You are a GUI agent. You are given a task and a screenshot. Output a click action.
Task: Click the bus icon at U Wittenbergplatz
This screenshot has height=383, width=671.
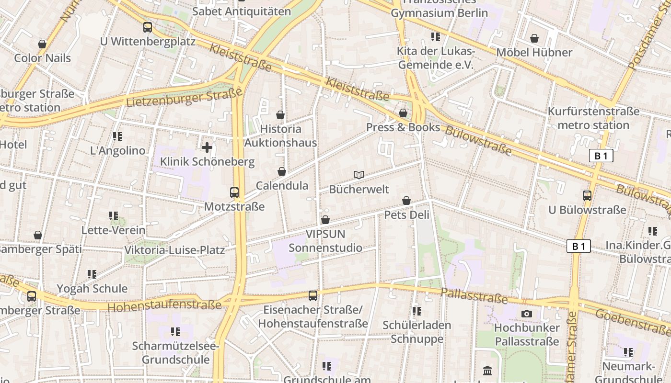[148, 27]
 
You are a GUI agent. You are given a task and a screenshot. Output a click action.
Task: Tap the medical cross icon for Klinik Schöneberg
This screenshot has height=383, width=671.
[207, 147]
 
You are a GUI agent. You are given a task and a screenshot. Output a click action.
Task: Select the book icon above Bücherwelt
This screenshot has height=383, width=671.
[359, 175]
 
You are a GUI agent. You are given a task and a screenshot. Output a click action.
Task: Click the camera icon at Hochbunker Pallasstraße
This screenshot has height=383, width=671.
[527, 314]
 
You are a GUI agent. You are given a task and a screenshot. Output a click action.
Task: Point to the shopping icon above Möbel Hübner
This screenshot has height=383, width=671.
[534, 38]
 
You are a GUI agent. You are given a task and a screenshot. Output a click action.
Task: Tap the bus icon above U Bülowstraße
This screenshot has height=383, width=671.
[587, 195]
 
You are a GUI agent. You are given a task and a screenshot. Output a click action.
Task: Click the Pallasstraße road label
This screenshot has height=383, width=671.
[474, 296]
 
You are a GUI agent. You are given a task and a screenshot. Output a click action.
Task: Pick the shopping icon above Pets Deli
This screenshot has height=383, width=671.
[406, 201]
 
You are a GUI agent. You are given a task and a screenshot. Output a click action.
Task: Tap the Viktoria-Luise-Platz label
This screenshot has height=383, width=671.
[174, 250]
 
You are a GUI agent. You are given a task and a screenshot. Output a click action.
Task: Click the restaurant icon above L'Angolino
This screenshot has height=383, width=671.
[117, 136]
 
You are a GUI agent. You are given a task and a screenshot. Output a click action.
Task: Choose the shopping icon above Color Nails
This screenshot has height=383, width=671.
[42, 44]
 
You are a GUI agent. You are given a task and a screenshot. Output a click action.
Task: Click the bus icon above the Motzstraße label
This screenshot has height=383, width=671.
[234, 192]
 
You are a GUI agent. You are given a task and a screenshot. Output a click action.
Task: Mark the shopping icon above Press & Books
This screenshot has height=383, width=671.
[403, 113]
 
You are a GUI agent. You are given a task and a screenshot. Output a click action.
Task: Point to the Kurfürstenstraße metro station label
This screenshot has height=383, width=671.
[593, 118]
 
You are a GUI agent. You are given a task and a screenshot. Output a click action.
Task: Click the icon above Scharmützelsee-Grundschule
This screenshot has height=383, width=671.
[175, 331]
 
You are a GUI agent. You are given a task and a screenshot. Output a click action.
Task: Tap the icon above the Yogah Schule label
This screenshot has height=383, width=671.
[92, 274]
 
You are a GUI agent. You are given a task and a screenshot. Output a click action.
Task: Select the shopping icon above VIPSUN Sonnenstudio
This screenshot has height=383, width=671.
[325, 220]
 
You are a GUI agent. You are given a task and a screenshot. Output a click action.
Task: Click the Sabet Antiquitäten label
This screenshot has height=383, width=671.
[241, 11]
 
